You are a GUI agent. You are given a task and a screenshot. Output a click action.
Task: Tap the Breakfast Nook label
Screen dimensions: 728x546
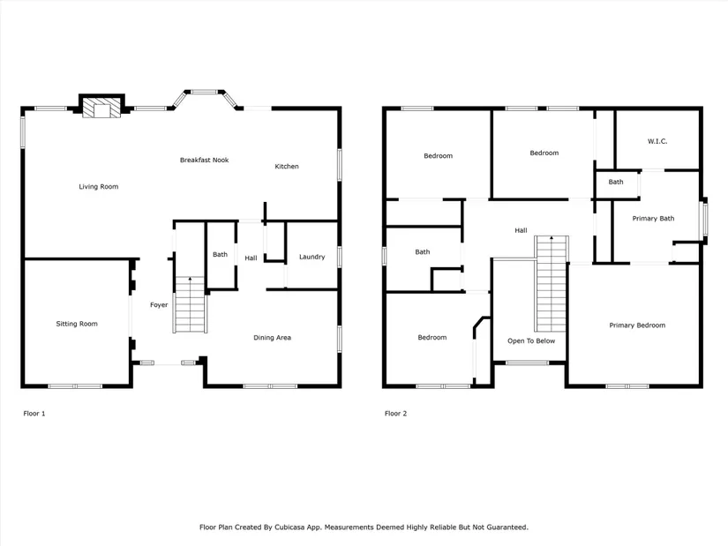[x=205, y=161]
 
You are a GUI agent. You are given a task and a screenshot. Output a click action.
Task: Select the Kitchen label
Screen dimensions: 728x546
[x=287, y=166]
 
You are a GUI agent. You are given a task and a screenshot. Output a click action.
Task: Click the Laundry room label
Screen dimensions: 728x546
[x=312, y=257]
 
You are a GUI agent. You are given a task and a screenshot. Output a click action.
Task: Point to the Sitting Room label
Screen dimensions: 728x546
[x=77, y=324]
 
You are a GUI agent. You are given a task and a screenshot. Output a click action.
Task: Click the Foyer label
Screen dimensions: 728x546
[x=159, y=305]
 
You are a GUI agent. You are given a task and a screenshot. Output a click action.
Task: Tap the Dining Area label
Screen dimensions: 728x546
[x=272, y=338]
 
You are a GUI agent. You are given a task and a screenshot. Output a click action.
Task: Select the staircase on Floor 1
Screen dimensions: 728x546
[x=190, y=304]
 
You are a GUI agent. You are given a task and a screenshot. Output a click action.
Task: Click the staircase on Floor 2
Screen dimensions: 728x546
[x=552, y=284]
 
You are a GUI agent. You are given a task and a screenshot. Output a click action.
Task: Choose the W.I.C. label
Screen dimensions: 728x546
[x=657, y=141]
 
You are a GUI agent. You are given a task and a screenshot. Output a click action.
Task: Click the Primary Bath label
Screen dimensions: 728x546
[x=653, y=218]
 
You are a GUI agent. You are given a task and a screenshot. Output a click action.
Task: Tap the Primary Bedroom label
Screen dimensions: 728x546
[x=637, y=325]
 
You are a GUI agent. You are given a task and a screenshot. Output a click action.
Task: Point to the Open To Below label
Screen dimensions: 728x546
[x=531, y=340]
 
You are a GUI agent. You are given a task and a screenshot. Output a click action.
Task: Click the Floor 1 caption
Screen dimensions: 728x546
[x=34, y=413]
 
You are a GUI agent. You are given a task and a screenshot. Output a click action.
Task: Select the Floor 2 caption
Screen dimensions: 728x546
[x=395, y=413]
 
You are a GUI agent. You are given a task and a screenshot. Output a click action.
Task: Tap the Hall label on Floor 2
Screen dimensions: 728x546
[x=521, y=230]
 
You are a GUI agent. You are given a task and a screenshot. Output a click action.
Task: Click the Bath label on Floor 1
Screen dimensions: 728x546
[x=220, y=254]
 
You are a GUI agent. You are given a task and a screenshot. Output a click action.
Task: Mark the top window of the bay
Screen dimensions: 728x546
[x=205, y=92]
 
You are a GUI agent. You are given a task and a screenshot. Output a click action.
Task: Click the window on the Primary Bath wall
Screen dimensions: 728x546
[x=705, y=219]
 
